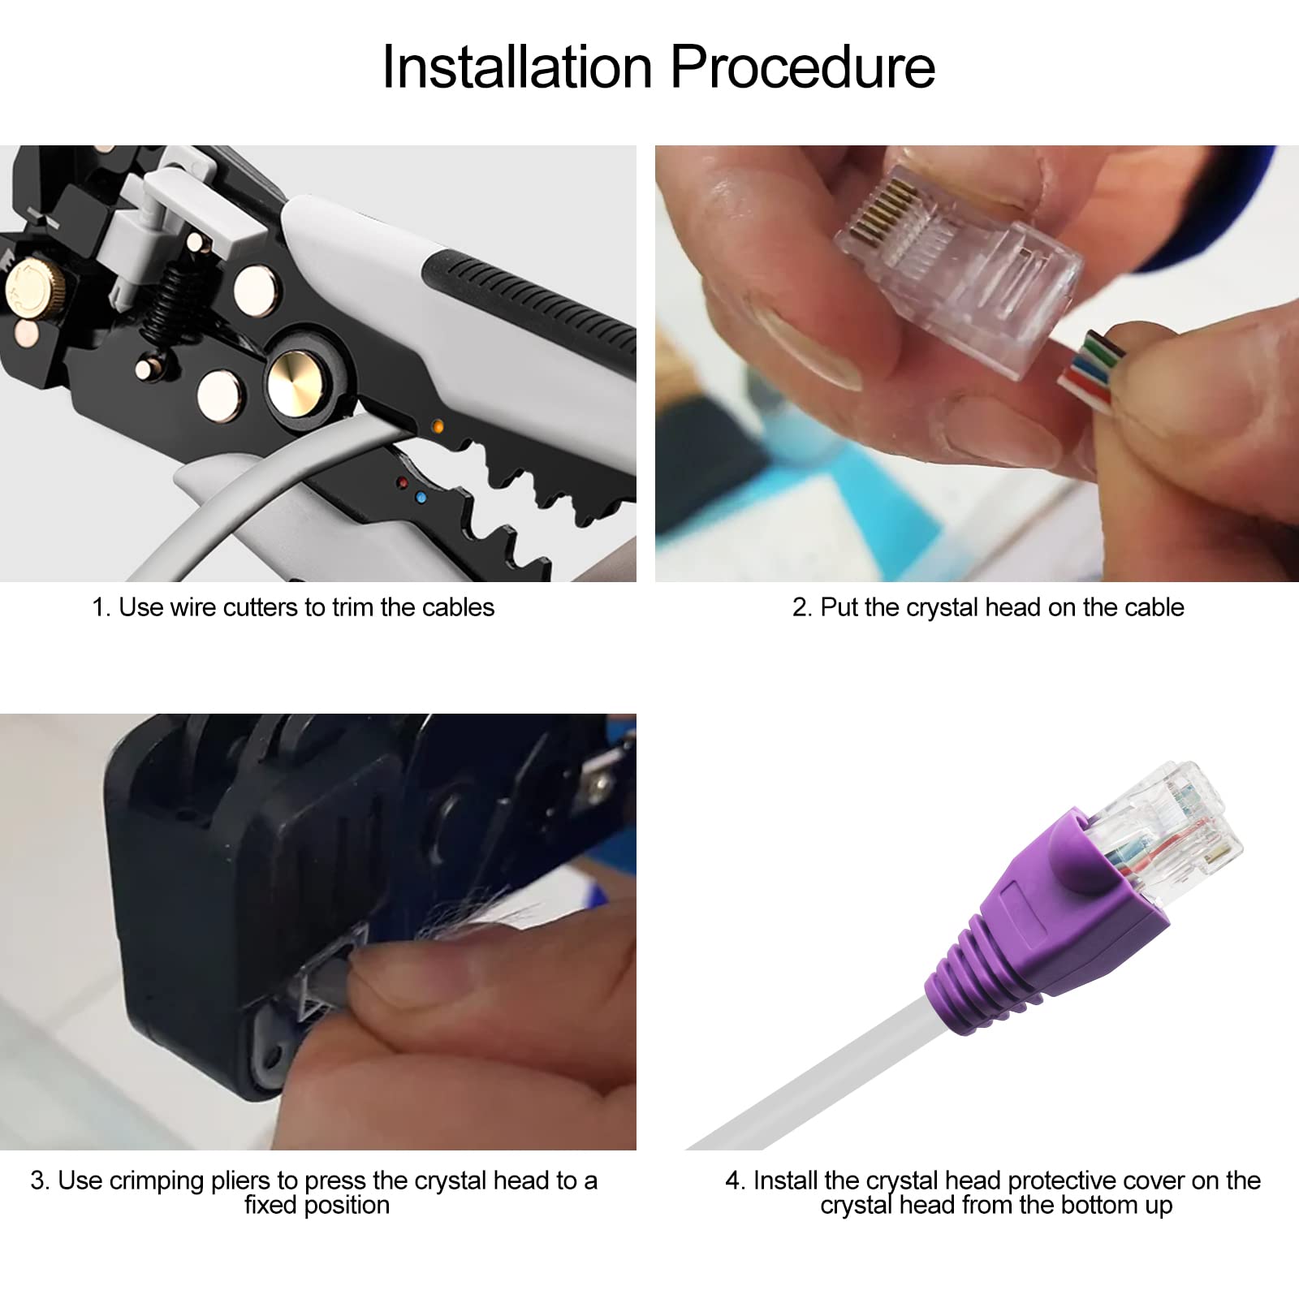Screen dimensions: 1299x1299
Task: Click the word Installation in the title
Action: pyautogui.click(x=517, y=67)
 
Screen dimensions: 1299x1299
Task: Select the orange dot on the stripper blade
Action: pyautogui.click(x=438, y=425)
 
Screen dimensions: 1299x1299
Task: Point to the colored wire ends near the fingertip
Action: pyautogui.click(x=1092, y=369)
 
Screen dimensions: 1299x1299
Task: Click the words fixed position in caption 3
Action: pyautogui.click(x=317, y=1205)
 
